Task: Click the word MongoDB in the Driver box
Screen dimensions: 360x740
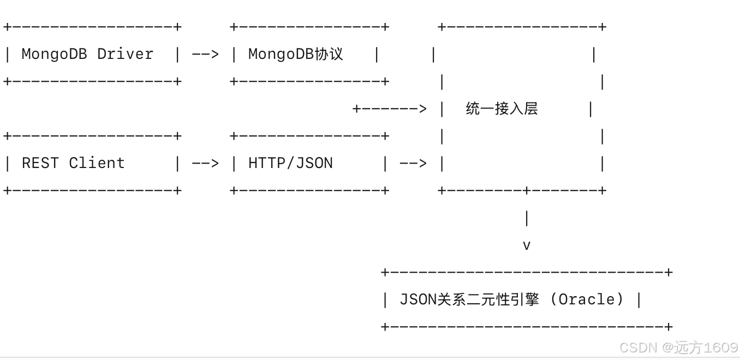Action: tap(54, 54)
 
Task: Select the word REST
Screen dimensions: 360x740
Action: tap(40, 163)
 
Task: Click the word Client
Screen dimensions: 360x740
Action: tap(97, 163)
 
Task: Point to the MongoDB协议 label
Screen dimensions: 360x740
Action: tap(295, 54)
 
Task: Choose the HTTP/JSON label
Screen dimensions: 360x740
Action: tap(290, 163)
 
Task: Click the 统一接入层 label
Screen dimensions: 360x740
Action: tap(502, 109)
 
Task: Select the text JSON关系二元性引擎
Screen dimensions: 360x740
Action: tap(469, 299)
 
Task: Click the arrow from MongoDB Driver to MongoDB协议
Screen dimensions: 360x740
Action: tap(205, 54)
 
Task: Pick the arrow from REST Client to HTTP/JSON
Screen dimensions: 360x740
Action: tap(205, 163)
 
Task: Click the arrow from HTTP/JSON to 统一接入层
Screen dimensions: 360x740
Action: tap(413, 163)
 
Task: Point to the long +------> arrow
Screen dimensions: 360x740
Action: tap(390, 109)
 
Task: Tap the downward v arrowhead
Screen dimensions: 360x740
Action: tap(527, 245)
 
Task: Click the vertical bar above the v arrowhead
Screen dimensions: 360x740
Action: tap(527, 218)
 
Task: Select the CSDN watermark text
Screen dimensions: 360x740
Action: tap(638, 347)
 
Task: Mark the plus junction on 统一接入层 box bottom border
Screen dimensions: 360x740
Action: tap(527, 190)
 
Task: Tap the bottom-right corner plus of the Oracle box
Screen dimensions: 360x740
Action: tap(669, 327)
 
